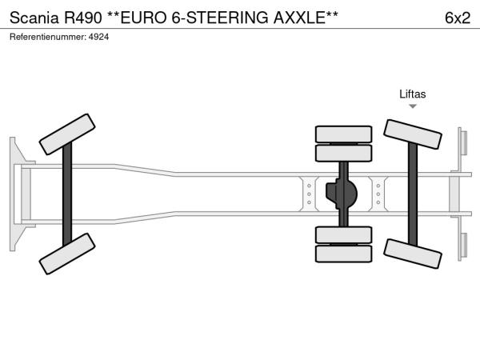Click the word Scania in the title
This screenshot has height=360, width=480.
pyautogui.click(x=32, y=18)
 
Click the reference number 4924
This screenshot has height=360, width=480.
pyautogui.click(x=98, y=38)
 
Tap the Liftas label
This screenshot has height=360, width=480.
pyautogui.click(x=413, y=94)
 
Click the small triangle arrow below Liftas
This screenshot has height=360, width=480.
pyautogui.click(x=413, y=106)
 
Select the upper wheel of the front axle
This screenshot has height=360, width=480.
pyautogui.click(x=68, y=134)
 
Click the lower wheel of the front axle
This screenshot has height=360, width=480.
pyautogui.click(x=67, y=253)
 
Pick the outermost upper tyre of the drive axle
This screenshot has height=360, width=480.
pyautogui.click(x=343, y=134)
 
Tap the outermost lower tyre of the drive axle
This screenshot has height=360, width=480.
pyautogui.click(x=343, y=254)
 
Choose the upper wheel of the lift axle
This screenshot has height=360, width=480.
pyautogui.click(x=413, y=134)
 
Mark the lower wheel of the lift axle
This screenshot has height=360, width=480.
pyautogui.click(x=412, y=255)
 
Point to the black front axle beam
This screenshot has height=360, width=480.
pyautogui.click(x=68, y=194)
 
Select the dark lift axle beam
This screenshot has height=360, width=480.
pyautogui.click(x=413, y=194)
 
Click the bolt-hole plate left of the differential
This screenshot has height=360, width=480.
pyautogui.click(x=309, y=194)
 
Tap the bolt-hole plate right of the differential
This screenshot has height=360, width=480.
pyautogui.click(x=378, y=194)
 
